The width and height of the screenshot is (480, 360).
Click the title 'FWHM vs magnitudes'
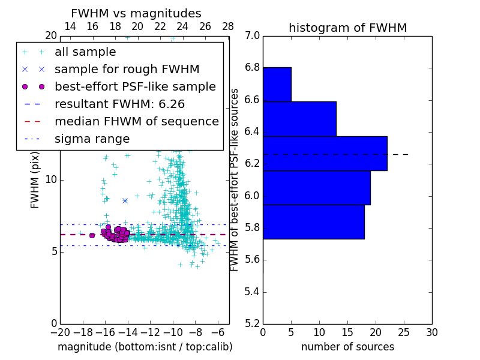[136, 13]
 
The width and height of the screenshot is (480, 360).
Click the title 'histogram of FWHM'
[347, 28]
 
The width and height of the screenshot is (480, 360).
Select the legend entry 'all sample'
[85, 52]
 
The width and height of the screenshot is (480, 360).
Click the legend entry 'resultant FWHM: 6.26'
[119, 104]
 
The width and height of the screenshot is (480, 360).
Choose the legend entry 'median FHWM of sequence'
[137, 121]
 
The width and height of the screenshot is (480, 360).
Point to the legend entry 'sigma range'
[92, 139]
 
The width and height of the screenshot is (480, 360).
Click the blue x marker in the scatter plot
[125, 200]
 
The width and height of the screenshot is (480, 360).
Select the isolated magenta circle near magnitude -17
[92, 235]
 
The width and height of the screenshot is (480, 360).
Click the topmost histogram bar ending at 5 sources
[277, 85]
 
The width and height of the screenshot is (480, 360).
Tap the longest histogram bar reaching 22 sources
[325, 154]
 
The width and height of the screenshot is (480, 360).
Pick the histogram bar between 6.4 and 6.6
[299, 119]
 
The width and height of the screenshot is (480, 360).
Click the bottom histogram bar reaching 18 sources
[313, 222]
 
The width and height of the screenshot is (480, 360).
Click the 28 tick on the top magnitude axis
[228, 26]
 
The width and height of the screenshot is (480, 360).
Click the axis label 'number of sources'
[347, 347]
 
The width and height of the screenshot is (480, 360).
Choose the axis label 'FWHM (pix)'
[35, 179]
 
